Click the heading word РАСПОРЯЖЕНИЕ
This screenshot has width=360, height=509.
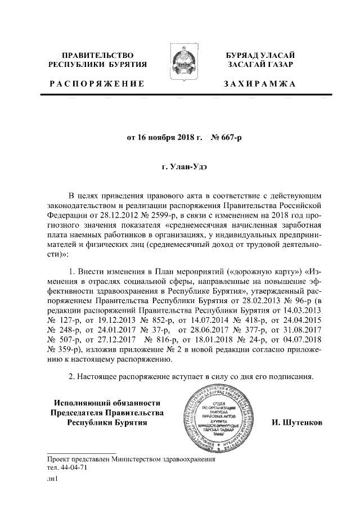(x=96, y=84)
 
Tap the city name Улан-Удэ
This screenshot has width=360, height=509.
(x=186, y=167)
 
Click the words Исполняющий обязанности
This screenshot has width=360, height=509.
(x=107, y=402)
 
